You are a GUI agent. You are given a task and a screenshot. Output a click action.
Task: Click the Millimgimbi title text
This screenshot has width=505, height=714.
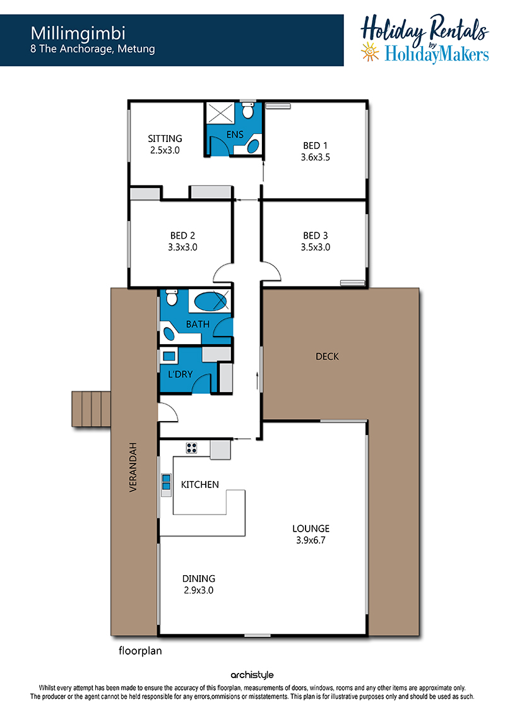pos(78,33)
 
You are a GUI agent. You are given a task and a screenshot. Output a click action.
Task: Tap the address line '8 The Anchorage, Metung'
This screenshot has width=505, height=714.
pos(92,49)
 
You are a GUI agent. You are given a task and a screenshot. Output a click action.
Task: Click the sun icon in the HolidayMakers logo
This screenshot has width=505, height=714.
pos(370,52)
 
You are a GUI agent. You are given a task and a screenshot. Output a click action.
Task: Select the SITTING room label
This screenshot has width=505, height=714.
pos(165,138)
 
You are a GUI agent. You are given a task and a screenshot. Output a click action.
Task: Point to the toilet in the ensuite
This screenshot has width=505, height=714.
pos(247,110)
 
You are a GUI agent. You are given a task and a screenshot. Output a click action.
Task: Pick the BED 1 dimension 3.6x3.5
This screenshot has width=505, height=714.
pos(315,158)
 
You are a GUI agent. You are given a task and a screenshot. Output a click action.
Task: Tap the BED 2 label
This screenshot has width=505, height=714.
pos(182,235)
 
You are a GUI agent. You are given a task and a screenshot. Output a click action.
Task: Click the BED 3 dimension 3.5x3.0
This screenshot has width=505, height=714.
pos(315,247)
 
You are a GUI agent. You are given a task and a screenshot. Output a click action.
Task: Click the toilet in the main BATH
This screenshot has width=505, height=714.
pos(172,297)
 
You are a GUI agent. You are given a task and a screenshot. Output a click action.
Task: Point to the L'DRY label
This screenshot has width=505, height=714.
pos(181,374)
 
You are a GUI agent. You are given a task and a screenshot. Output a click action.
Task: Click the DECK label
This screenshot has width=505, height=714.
pos(328,357)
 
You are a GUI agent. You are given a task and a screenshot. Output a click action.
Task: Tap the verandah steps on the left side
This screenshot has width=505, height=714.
pos(92,408)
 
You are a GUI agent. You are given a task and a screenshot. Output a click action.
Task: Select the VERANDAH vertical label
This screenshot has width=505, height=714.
pos(133,467)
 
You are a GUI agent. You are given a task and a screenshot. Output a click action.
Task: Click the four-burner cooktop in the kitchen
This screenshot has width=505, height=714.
pos(192,448)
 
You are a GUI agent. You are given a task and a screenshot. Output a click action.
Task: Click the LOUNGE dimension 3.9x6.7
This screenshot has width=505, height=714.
pos(311,540)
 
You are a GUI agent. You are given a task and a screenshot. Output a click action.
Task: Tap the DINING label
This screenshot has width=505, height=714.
pos(199,579)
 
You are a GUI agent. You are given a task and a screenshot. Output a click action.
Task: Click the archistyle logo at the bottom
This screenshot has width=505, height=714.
pos(252,675)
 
